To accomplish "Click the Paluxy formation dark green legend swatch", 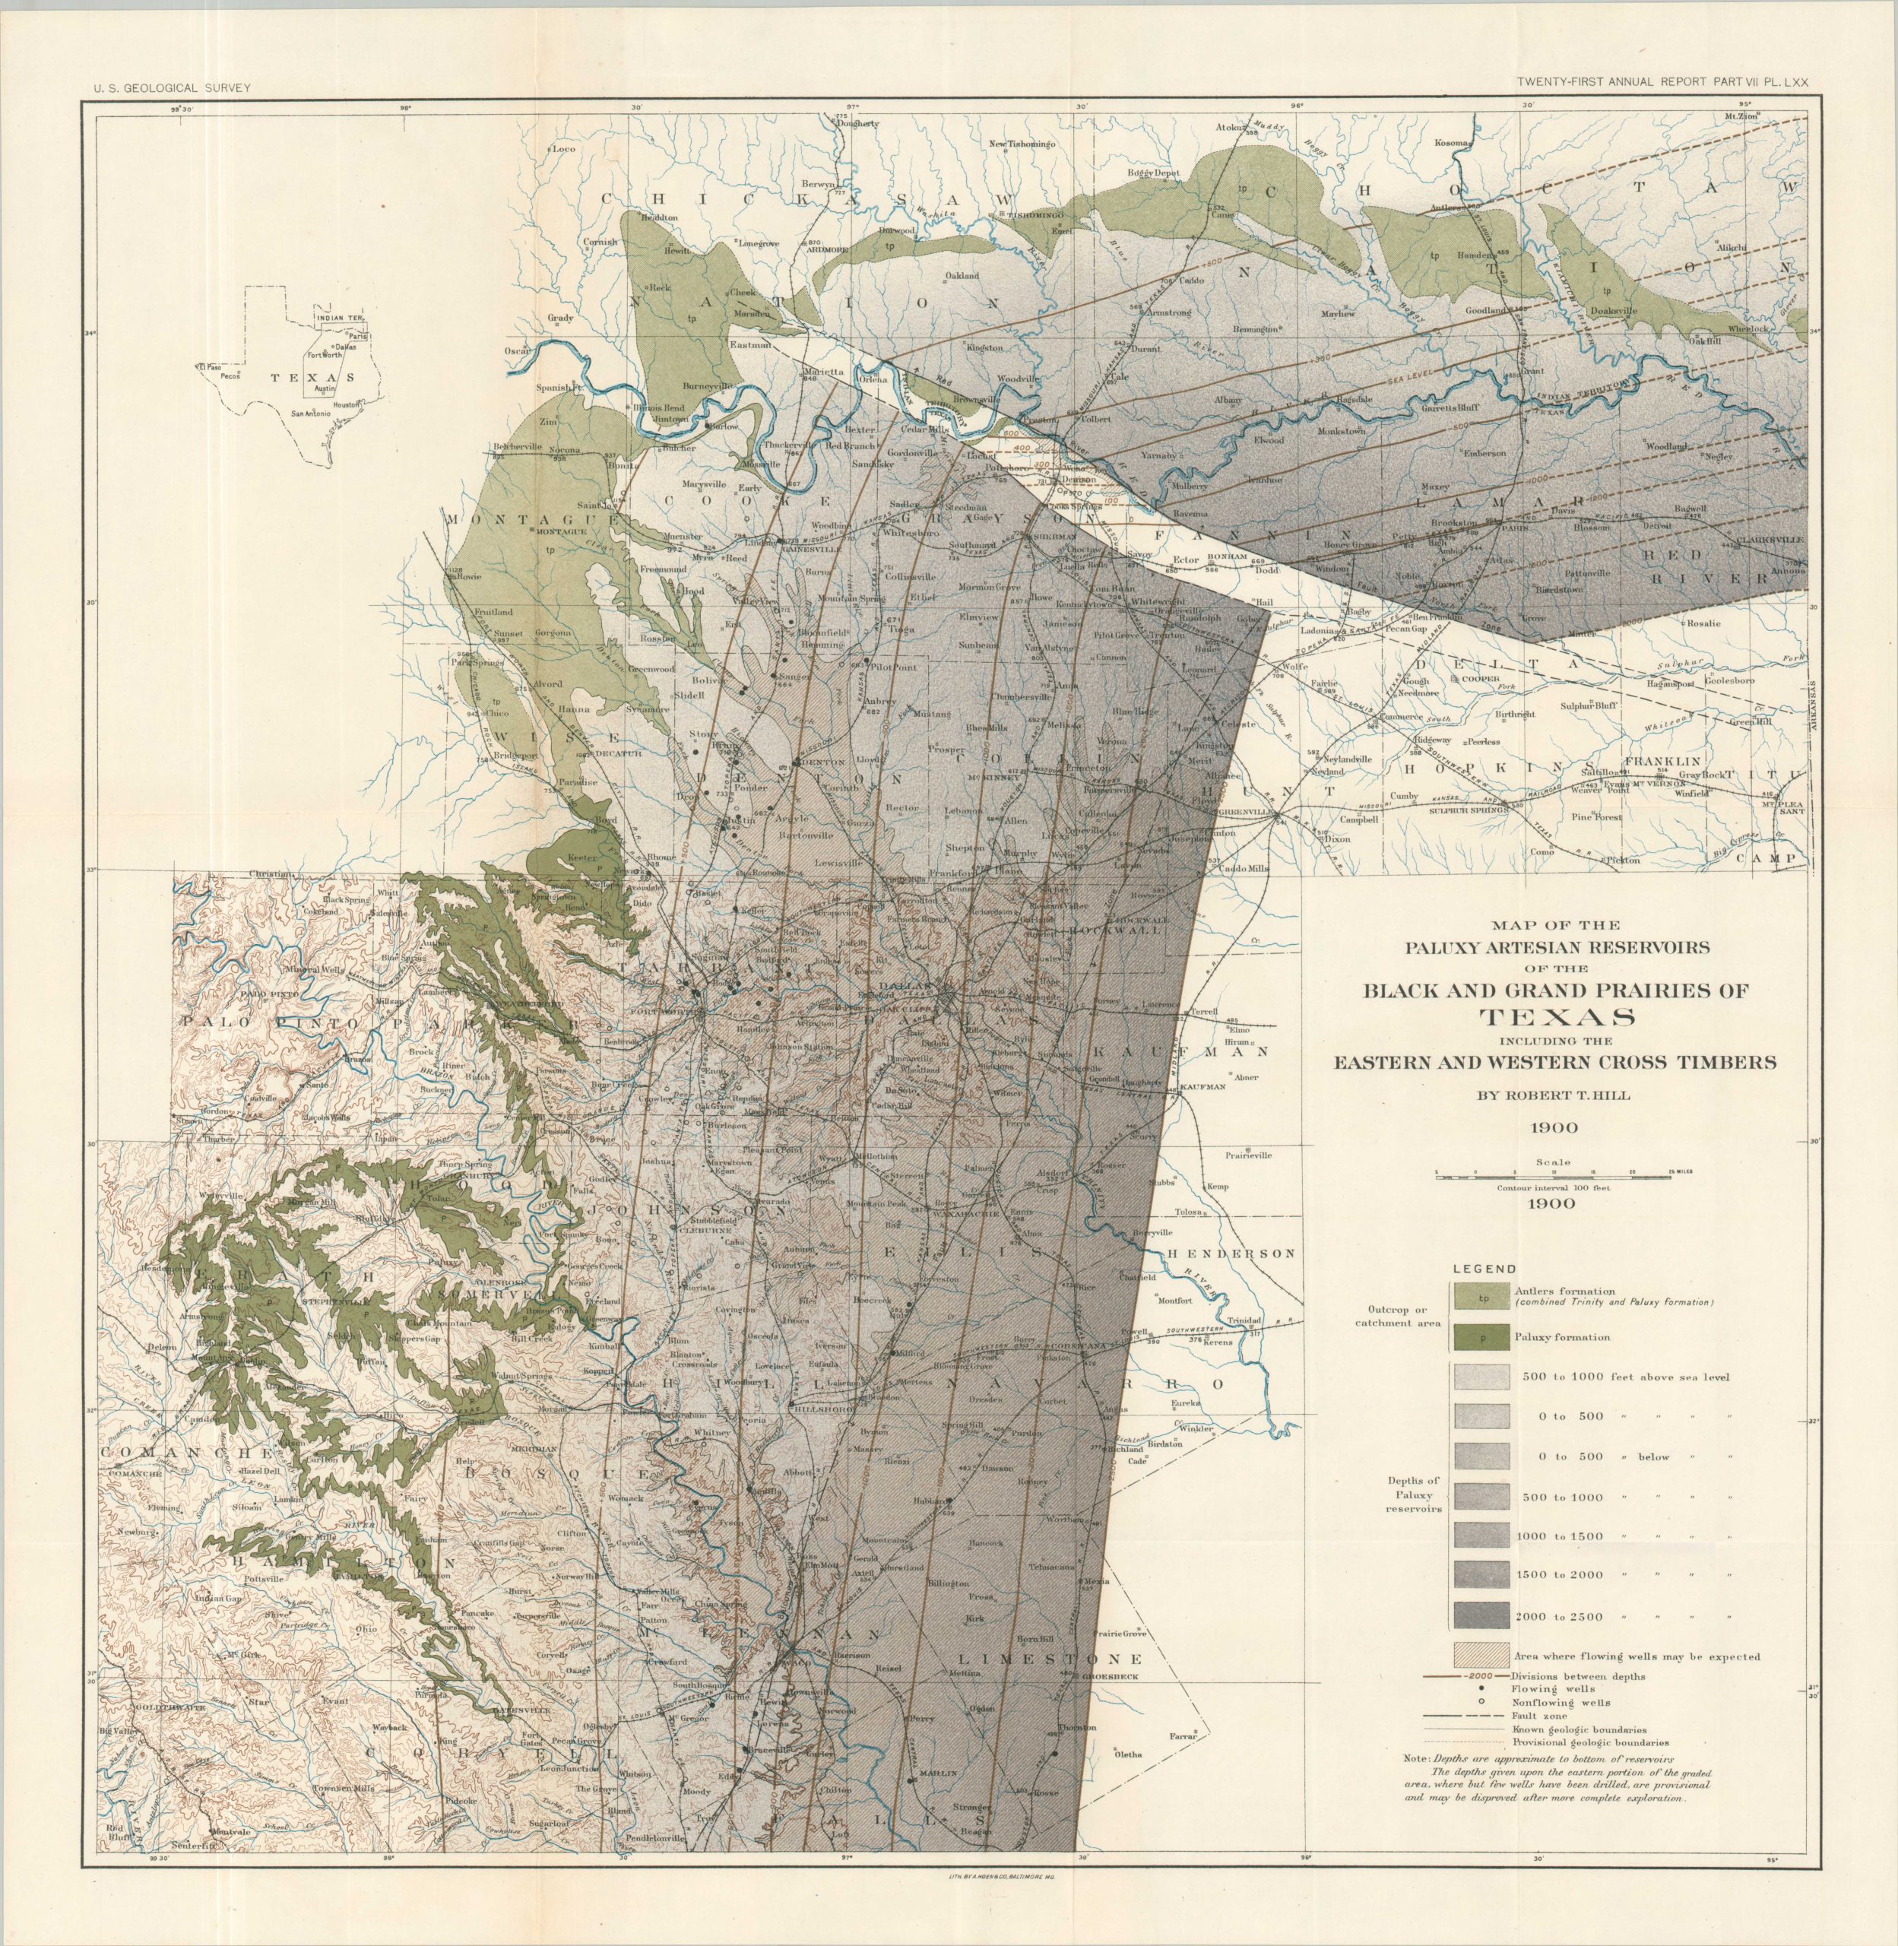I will pyautogui.click(x=1482, y=1338).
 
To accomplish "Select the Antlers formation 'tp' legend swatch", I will pyautogui.click(x=1482, y=1296).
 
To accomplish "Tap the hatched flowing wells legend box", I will pyautogui.click(x=1482, y=1656).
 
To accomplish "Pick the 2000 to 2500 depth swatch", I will pyautogui.click(x=1482, y=1616).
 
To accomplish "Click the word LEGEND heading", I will pyautogui.click(x=1484, y=1269).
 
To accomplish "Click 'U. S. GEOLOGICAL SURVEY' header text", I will pyautogui.click(x=173, y=87).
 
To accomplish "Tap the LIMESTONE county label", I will pyautogui.click(x=1050, y=1659).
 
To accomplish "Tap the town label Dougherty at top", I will pyautogui.click(x=858, y=125).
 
